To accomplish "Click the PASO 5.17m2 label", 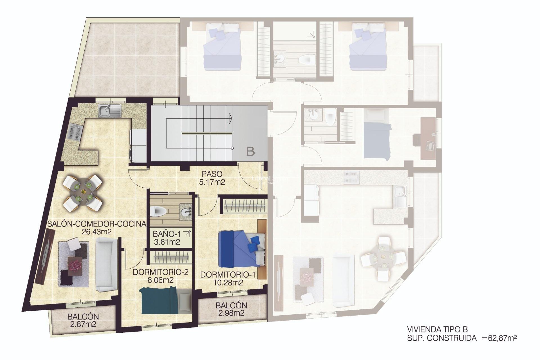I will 212,178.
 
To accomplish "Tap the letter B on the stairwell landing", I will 250,152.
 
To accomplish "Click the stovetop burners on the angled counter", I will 75,132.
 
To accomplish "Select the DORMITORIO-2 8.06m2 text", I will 160,276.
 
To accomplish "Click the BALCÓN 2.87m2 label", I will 83,320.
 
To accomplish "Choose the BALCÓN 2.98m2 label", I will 231,309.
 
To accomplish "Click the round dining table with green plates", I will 83,192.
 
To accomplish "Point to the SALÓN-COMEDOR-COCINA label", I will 97,228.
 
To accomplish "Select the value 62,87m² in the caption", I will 502,338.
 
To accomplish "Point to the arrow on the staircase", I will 230,118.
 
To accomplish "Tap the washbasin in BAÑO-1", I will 186,212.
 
